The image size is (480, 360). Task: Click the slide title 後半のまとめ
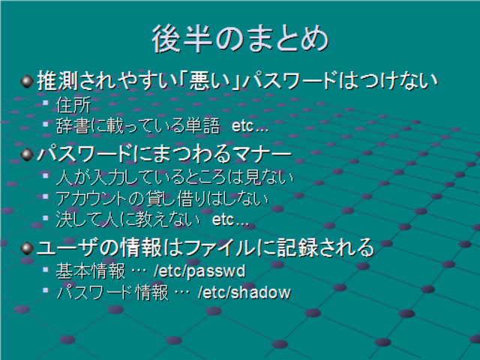pos(240,39)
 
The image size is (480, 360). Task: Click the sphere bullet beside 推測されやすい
pos(27,82)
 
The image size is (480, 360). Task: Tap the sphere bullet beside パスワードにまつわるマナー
pos(27,154)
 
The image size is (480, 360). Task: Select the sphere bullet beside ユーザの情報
pos(27,248)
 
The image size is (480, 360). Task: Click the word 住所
pos(73,105)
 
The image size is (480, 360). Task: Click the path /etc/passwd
pos(199,271)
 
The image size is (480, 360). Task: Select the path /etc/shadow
pos(244,292)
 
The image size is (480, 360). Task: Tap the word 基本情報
pos(91,271)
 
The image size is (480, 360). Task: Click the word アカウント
pos(91,199)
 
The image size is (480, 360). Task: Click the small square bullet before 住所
pos(46,103)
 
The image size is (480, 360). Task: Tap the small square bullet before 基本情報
pos(46,269)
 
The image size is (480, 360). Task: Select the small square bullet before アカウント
pos(46,196)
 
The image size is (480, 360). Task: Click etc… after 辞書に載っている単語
pos(250,126)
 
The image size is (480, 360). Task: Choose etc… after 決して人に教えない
pos(230,220)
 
